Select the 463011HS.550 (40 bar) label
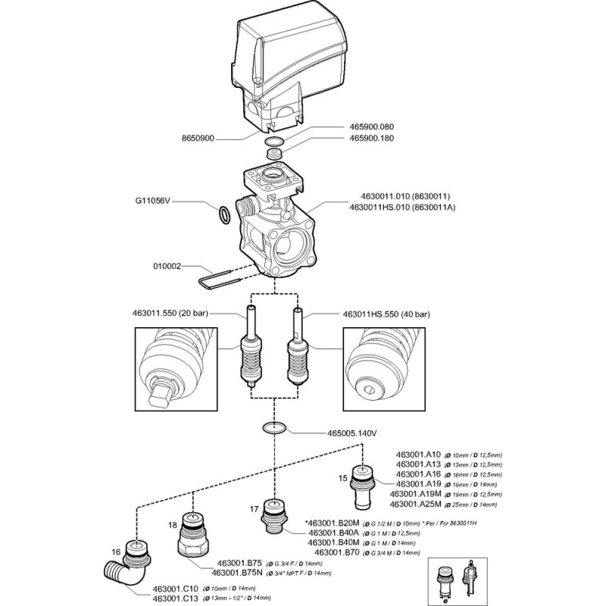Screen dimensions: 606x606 (x=386, y=314)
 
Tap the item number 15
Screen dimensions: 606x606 (x=342, y=477)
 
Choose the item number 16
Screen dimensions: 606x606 (x=117, y=553)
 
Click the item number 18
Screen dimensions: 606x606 (x=172, y=524)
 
